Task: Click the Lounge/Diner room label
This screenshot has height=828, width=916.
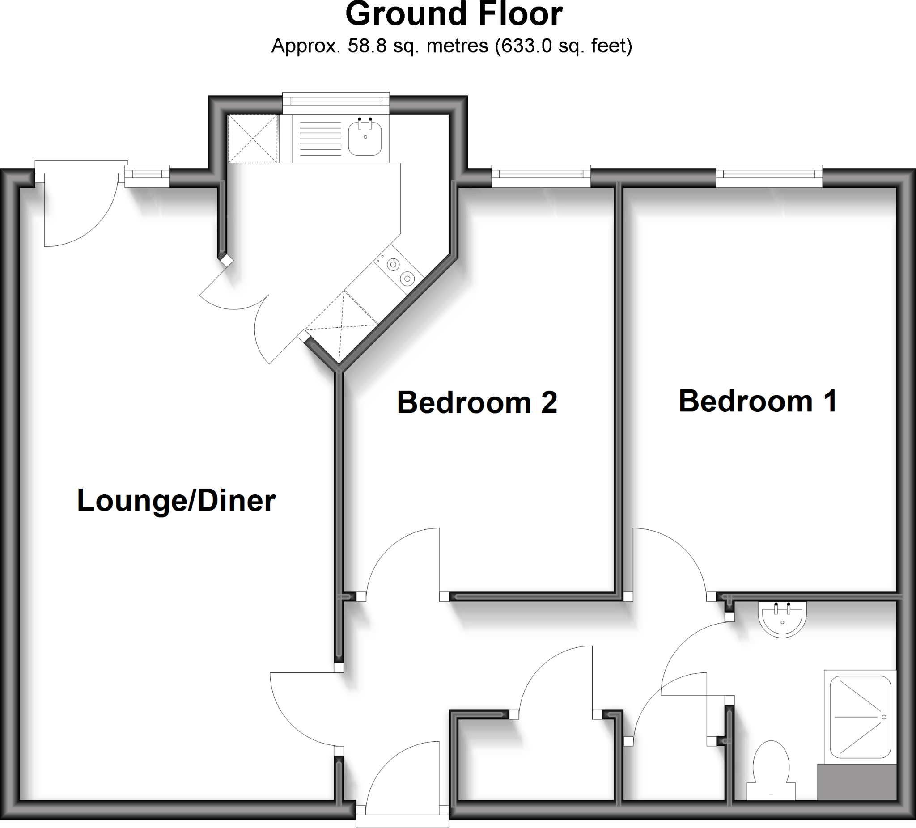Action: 176,501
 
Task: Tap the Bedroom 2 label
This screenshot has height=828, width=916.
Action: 477,402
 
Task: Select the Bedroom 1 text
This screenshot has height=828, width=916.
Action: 757,401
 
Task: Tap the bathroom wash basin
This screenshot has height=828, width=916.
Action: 782,619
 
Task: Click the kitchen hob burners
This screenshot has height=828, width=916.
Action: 400,271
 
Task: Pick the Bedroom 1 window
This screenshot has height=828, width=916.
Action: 769,175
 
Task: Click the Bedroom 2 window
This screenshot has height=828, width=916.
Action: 541,175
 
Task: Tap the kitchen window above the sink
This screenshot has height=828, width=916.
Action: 336,104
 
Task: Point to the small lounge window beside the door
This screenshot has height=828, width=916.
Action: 147,176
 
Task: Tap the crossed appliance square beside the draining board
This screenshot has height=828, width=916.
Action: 253,139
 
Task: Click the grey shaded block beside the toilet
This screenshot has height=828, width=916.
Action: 857,781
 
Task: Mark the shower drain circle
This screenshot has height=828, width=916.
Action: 884,717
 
